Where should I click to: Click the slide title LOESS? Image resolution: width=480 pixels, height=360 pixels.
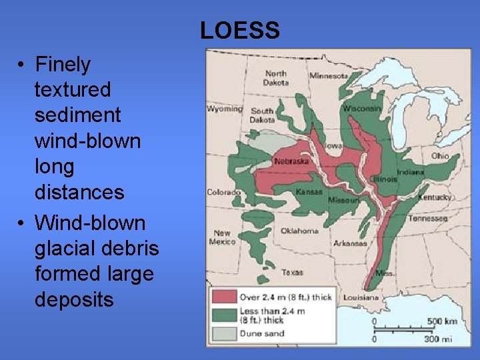coord(239,30)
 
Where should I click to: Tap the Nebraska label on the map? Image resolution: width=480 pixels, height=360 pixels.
coord(291,161)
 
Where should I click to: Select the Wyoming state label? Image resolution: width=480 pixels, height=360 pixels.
coord(224,109)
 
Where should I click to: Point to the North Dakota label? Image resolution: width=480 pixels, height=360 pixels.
coord(276,78)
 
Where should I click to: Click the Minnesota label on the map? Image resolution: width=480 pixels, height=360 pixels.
coord(329,76)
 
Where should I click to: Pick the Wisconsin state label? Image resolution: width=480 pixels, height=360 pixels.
coord(363,109)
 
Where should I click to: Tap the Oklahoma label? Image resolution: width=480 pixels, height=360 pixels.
coord(299,231)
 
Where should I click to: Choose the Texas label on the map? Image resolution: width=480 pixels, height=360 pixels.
coord(292,272)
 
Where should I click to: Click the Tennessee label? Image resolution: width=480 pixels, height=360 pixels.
coord(427,219)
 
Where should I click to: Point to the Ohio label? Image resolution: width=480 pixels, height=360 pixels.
coord(439,155)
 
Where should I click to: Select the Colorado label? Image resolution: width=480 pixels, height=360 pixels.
coord(223,192)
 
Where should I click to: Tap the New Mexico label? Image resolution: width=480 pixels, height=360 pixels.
coord(222,237)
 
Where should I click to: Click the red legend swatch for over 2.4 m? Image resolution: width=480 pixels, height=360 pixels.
coord(225,297)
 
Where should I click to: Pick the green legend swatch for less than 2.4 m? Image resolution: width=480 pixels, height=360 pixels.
coord(225,315)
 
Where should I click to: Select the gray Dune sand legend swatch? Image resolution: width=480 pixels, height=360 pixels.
coord(225,333)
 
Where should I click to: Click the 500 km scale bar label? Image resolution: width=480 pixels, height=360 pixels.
coord(442,321)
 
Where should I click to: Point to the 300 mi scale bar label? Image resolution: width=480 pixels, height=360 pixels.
coord(438,339)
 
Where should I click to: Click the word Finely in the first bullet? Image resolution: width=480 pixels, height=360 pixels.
coord(62,65)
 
